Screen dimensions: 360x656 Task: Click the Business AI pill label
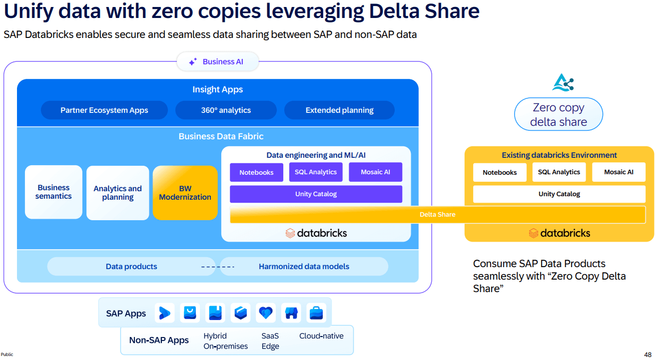click(218, 62)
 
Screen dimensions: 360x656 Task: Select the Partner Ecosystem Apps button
click(104, 110)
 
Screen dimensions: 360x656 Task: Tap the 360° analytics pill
click(226, 110)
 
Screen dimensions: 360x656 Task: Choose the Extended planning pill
click(339, 110)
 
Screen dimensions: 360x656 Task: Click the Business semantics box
click(53, 192)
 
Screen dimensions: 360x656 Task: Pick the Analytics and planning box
click(117, 193)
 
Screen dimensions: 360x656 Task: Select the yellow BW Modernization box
click(185, 193)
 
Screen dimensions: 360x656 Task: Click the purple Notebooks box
click(256, 173)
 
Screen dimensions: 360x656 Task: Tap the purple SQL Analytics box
click(316, 172)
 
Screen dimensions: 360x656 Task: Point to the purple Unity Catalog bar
click(316, 194)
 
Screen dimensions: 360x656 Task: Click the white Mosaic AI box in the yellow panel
click(619, 172)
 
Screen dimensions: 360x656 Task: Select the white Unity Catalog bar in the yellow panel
click(559, 194)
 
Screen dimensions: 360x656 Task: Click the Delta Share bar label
click(437, 215)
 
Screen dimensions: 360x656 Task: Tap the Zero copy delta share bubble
click(558, 114)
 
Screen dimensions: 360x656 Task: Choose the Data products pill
click(131, 267)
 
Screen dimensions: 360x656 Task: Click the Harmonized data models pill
click(304, 267)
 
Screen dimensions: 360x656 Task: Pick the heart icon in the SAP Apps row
click(266, 313)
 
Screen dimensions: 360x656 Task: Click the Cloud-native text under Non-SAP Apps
click(321, 336)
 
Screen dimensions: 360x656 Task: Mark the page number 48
click(648, 354)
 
